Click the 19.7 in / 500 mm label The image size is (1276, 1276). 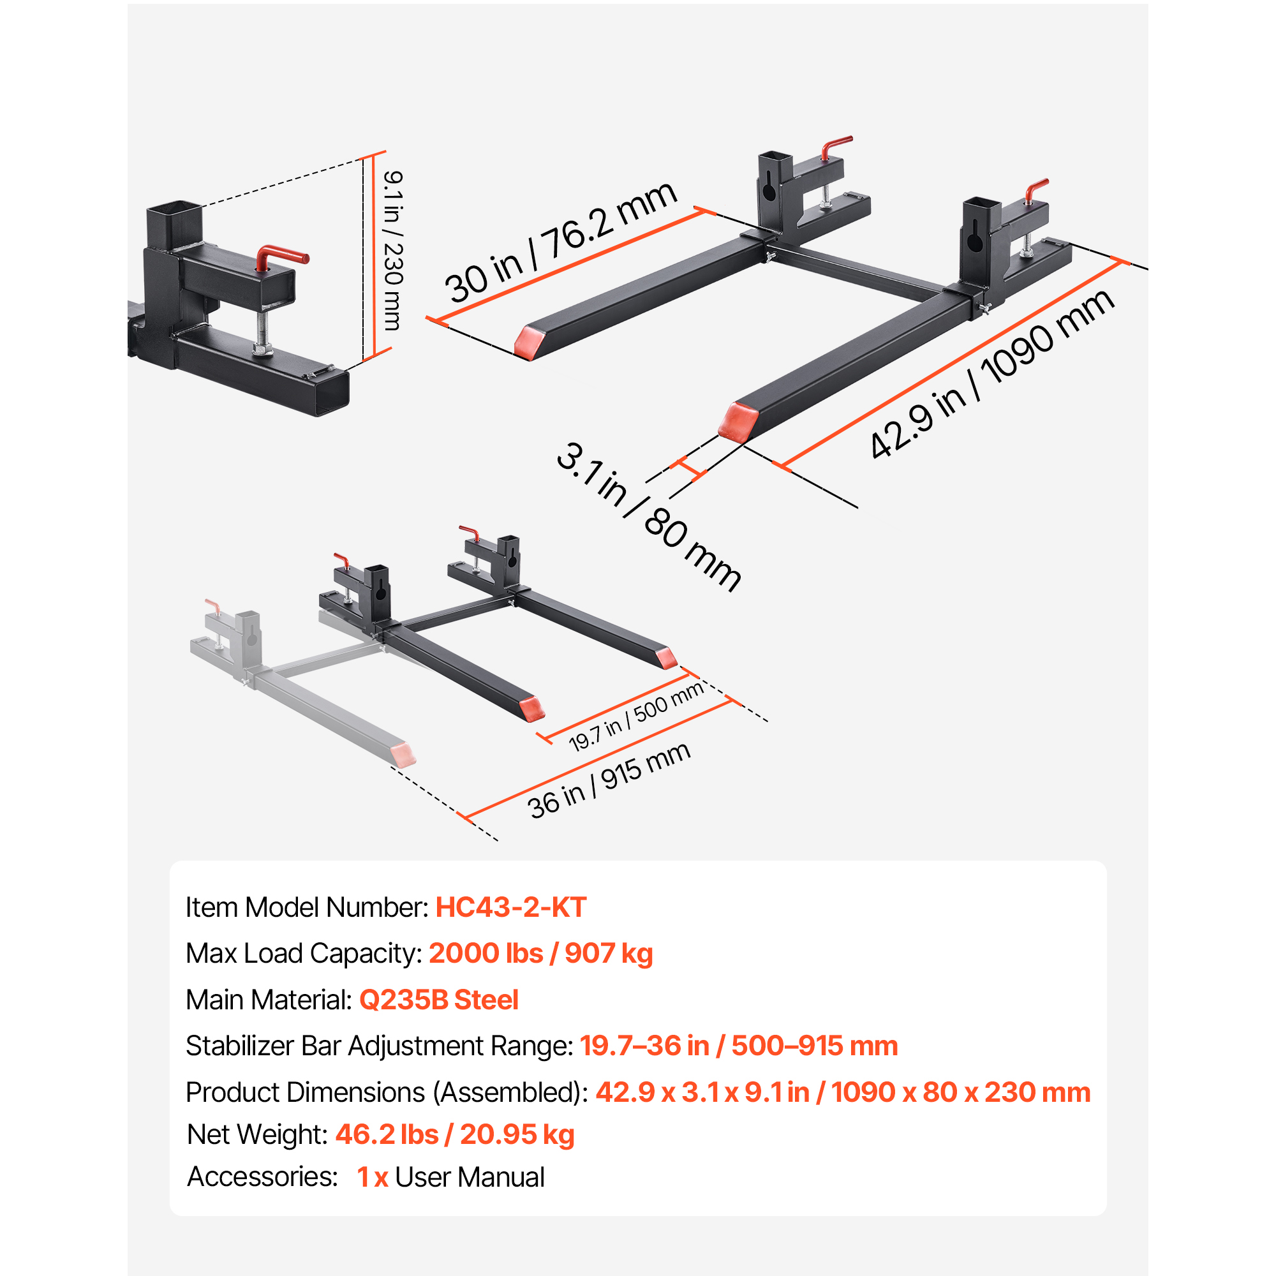pyautogui.click(x=636, y=716)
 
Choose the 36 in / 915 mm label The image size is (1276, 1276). pyautogui.click(x=608, y=780)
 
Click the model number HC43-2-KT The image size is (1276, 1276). pyautogui.click(x=510, y=907)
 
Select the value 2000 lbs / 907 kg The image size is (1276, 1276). pyautogui.click(x=540, y=954)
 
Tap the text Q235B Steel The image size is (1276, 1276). pyautogui.click(x=438, y=1000)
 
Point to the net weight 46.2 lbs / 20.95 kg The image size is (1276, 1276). pyautogui.click(x=454, y=1134)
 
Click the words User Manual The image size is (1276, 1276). pyautogui.click(x=470, y=1178)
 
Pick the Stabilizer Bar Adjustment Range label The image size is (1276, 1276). pyautogui.click(x=379, y=1046)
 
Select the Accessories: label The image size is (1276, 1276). pyautogui.click(x=262, y=1177)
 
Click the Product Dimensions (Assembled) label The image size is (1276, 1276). pyautogui.click(x=387, y=1092)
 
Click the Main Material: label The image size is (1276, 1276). pyautogui.click(x=269, y=1000)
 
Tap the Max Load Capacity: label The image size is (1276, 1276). pyautogui.click(x=304, y=954)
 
